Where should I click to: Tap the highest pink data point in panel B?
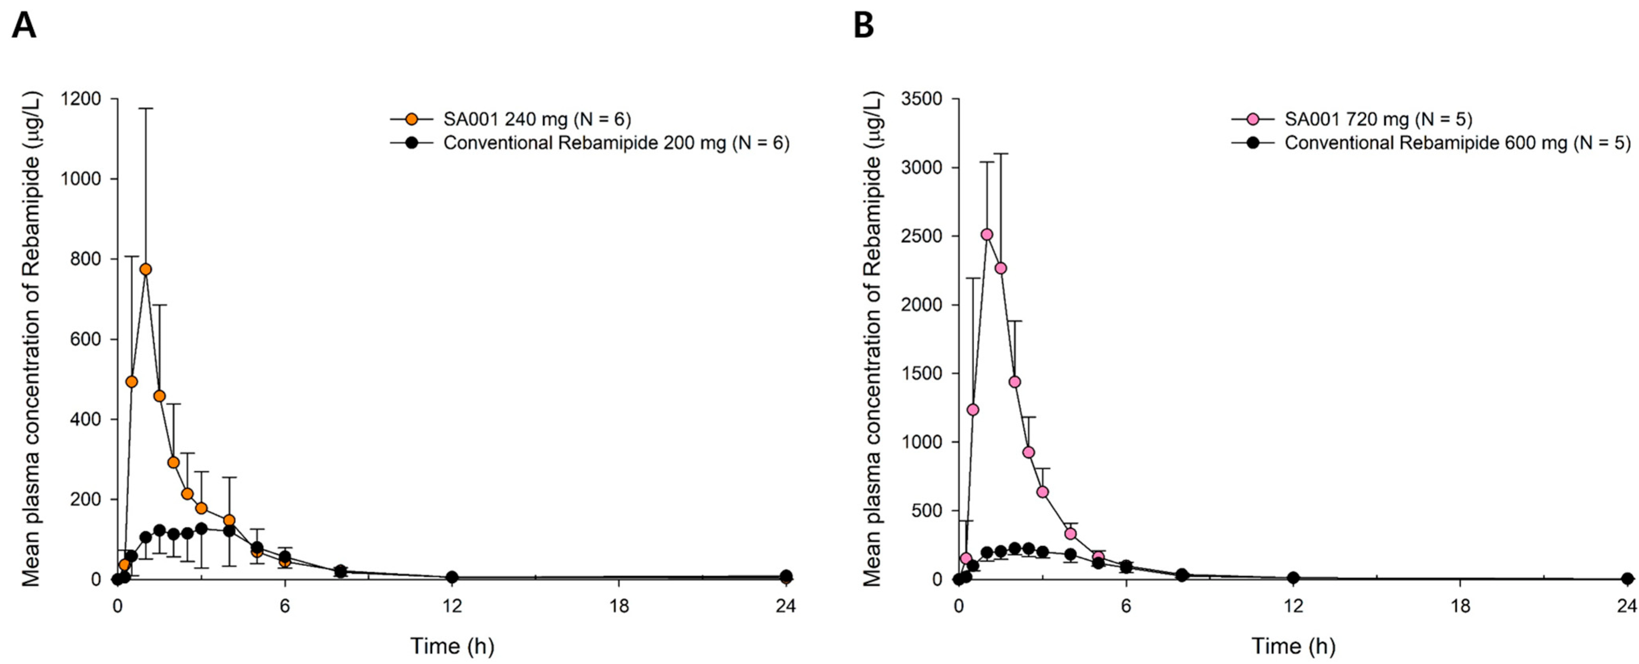click(987, 235)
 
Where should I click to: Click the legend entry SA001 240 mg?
click(536, 119)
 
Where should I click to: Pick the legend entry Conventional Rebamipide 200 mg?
click(616, 143)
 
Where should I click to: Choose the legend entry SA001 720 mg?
click(1378, 119)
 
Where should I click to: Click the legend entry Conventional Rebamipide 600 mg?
click(1457, 143)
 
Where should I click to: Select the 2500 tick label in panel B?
click(921, 237)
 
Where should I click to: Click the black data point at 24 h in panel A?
click(786, 576)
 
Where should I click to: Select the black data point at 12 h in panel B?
click(1293, 577)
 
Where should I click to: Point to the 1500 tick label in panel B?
click(921, 374)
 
